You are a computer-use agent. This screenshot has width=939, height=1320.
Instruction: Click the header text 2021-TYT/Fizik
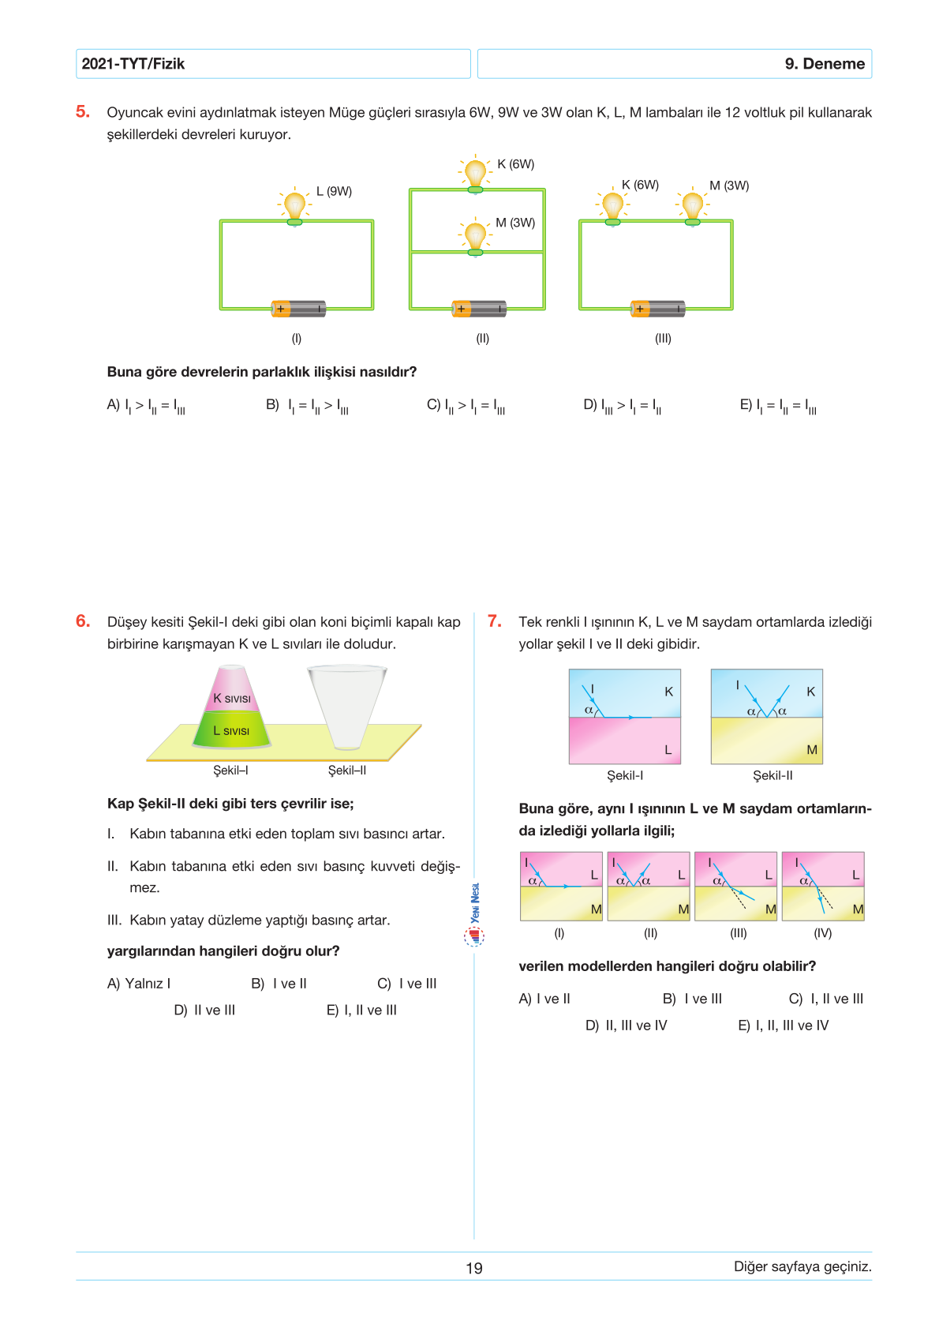tap(133, 64)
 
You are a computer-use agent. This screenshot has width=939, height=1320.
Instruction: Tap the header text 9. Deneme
tap(824, 64)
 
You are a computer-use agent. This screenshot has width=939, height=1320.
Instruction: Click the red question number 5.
tap(83, 112)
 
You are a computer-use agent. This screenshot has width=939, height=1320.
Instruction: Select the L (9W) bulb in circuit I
tap(294, 207)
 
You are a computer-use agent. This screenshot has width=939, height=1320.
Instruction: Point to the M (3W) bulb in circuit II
tap(475, 237)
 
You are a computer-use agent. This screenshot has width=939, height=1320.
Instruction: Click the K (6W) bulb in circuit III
tap(612, 207)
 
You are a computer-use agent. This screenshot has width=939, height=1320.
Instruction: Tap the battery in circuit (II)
tap(479, 309)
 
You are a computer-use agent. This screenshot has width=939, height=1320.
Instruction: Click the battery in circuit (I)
tap(298, 309)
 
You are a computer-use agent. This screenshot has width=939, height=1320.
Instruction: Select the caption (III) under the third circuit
tap(663, 338)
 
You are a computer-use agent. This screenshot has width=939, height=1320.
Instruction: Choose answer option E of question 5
tap(777, 406)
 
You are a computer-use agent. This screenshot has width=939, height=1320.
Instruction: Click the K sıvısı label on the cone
tap(232, 698)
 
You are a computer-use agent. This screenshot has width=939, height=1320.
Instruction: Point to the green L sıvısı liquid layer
tap(232, 730)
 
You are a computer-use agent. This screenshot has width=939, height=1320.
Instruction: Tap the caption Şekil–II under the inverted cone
tap(346, 770)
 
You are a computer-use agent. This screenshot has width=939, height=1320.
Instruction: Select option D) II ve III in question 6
tap(204, 1010)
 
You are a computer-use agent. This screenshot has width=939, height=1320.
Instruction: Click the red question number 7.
tap(495, 621)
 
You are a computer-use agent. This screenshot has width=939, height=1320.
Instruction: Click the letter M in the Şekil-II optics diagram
tap(812, 750)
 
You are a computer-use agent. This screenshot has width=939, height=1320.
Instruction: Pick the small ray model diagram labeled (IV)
tap(823, 887)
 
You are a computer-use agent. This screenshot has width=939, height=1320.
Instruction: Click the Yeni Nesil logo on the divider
tap(474, 916)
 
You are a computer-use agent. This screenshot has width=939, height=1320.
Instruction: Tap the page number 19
tap(474, 1268)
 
